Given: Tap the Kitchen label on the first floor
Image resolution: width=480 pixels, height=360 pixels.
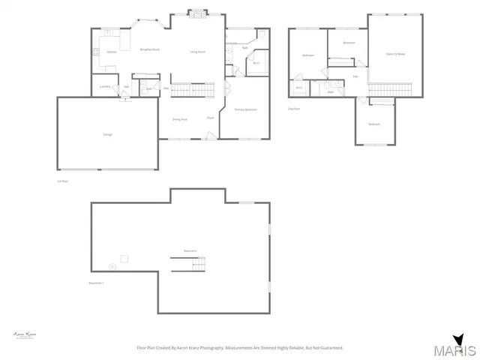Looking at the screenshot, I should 111,52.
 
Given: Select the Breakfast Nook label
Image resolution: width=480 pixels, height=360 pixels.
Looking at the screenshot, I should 150,49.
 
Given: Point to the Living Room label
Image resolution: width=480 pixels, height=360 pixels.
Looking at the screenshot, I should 198,51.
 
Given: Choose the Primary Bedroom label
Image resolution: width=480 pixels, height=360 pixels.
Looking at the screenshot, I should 246,110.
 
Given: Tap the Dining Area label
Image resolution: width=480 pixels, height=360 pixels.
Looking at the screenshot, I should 179,119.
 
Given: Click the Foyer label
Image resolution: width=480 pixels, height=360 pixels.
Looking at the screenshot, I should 211,118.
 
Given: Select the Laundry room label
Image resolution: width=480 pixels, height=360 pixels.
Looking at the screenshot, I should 104,86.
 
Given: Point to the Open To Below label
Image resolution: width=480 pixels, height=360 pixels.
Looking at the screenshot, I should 395,54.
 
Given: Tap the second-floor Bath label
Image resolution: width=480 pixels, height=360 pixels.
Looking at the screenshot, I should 331,92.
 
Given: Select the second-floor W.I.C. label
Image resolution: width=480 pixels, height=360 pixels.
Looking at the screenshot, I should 298,88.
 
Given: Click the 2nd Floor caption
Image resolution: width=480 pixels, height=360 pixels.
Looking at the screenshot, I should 294,109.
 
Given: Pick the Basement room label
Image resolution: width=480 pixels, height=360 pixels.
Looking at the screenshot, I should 190,250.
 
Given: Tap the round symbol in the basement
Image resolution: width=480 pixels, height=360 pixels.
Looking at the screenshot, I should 112,266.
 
